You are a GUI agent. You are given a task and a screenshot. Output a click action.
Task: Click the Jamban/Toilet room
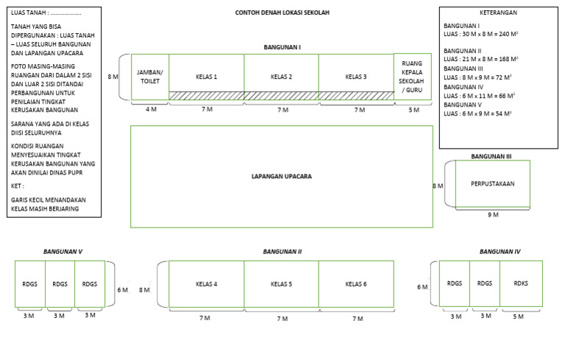click(x=150, y=77)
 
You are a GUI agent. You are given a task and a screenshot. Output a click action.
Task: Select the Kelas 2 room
click(x=282, y=77)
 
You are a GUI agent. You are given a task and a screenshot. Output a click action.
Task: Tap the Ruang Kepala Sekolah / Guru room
click(x=413, y=77)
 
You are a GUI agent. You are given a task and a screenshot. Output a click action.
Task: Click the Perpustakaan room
click(x=493, y=183)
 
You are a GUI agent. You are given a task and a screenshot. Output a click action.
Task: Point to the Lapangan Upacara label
click(x=282, y=177)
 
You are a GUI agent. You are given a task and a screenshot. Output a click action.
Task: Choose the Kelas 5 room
click(x=282, y=284)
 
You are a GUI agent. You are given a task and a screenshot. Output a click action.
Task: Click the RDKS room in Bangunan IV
click(x=521, y=283)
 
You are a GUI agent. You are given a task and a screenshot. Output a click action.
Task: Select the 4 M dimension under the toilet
click(x=151, y=109)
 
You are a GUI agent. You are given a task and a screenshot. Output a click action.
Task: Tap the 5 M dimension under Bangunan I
click(x=414, y=110)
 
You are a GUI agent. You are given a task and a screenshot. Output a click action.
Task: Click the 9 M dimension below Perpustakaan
click(x=494, y=215)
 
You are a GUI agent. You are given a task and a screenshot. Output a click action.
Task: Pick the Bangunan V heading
click(x=63, y=252)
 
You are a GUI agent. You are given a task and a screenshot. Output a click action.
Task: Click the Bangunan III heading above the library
click(x=491, y=156)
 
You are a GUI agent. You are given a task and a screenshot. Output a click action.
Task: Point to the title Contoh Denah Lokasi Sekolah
click(x=282, y=13)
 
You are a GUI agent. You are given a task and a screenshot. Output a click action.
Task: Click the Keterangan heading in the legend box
click(x=498, y=13)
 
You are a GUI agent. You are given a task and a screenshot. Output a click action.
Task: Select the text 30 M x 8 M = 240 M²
click(x=490, y=34)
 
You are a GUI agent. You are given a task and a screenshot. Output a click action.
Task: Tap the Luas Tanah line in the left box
click(x=46, y=13)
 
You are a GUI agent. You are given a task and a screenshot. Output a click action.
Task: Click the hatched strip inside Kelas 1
click(x=207, y=96)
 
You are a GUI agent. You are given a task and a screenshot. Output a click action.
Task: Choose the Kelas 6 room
click(x=356, y=284)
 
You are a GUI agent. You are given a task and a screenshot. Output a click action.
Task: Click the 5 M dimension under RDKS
click(x=518, y=317)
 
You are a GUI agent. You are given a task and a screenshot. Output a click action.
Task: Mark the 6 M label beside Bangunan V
click(x=123, y=289)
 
